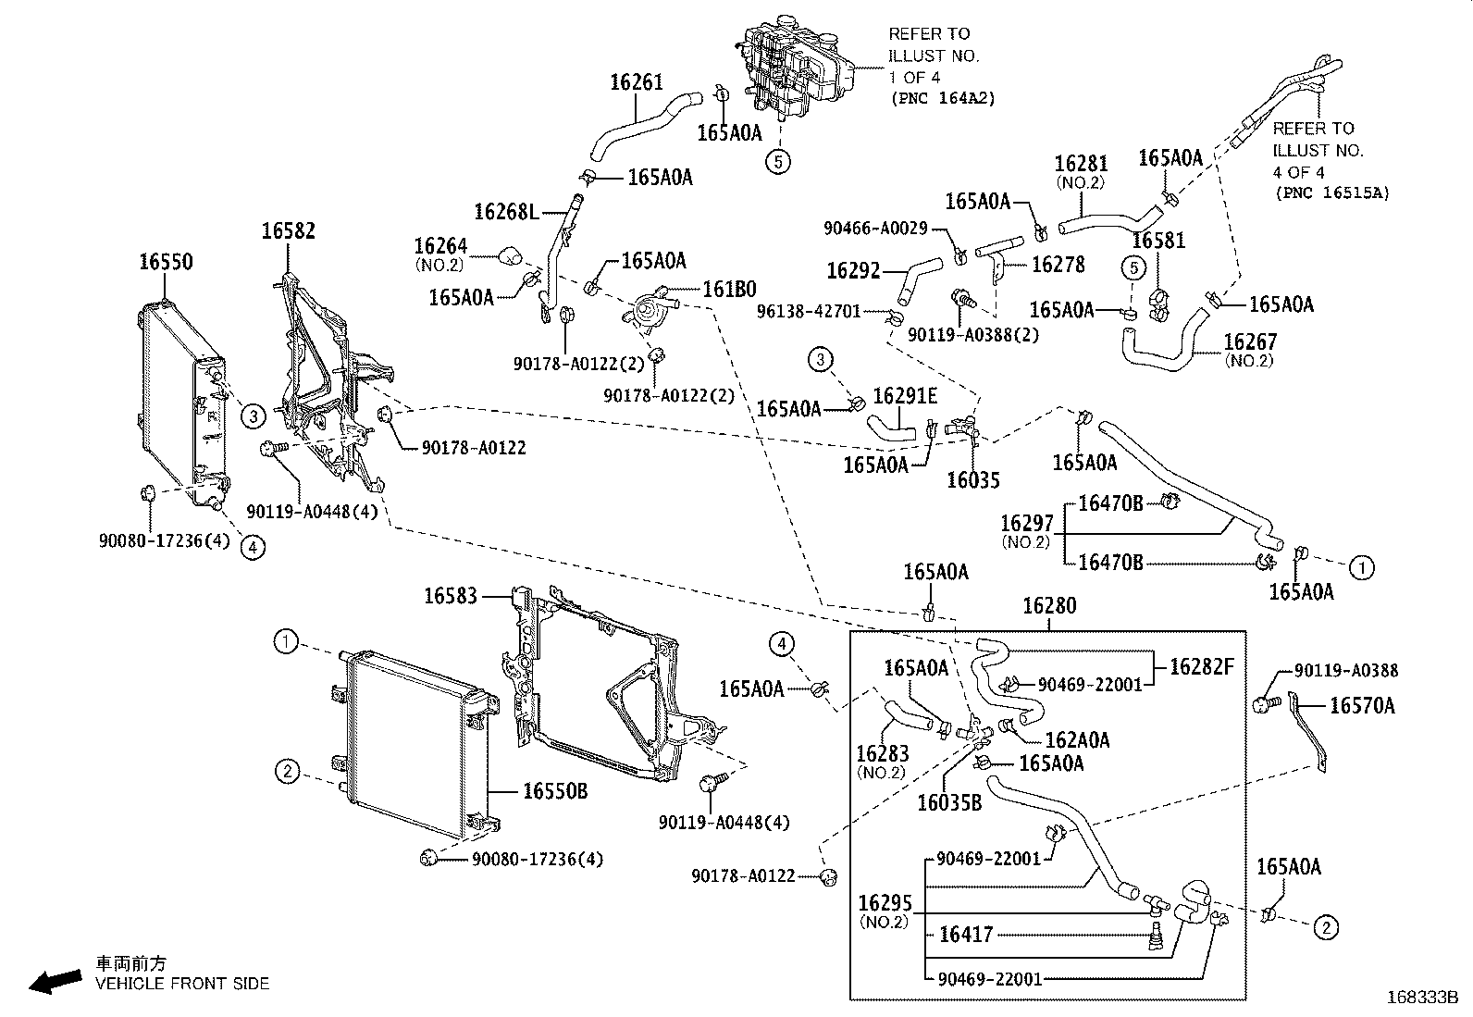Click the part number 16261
(637, 82)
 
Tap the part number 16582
(288, 231)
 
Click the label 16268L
(506, 212)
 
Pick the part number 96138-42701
(808, 311)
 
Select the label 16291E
(905, 396)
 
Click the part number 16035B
(949, 802)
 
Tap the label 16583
(451, 596)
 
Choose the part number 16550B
(555, 790)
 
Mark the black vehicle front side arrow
(56, 982)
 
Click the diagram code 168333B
(1422, 998)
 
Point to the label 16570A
(1362, 706)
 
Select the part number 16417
(965, 934)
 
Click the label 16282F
(1201, 666)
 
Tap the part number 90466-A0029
(875, 229)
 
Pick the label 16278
(1058, 265)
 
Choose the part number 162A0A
(1077, 740)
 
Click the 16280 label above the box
(1049, 605)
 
